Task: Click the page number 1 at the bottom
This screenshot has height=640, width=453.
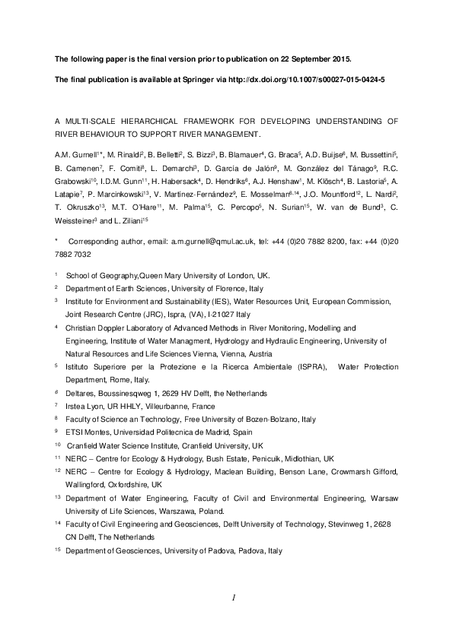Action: click(x=236, y=599)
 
